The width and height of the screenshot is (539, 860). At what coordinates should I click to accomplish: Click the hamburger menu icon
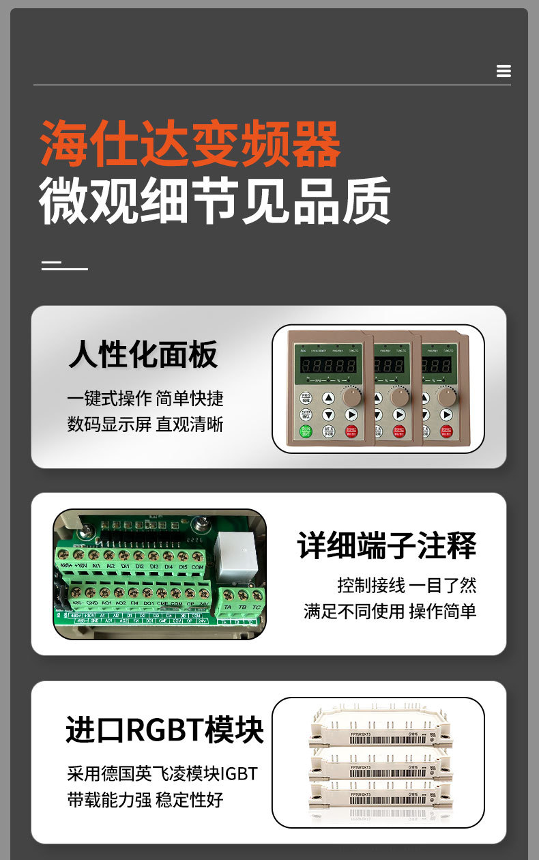tap(504, 71)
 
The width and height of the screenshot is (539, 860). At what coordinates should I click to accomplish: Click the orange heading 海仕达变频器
tap(190, 144)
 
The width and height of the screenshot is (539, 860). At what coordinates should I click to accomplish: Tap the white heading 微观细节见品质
tap(215, 201)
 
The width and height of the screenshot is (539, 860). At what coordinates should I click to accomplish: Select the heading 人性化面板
tap(143, 355)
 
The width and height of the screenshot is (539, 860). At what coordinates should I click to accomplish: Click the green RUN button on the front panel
tap(306, 431)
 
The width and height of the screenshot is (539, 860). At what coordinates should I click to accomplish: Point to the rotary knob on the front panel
tap(352, 397)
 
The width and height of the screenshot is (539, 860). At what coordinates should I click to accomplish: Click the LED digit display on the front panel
tap(330, 367)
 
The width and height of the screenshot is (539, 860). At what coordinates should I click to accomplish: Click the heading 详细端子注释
tap(386, 545)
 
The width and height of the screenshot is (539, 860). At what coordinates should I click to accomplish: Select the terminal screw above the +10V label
tap(79, 555)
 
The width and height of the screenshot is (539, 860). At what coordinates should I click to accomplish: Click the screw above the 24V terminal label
tap(203, 592)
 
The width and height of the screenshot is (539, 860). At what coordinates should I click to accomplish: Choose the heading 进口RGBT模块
tap(164, 730)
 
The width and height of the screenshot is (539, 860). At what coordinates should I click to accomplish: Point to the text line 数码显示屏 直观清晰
tap(145, 424)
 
